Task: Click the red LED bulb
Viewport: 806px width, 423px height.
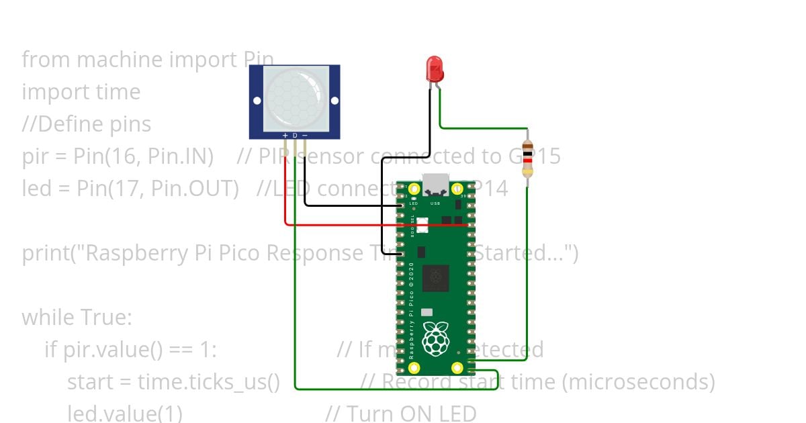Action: (x=435, y=69)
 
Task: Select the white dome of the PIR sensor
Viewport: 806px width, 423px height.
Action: (x=295, y=98)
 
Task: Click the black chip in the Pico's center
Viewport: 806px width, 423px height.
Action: (x=436, y=277)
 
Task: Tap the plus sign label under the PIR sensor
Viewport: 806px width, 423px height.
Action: (x=285, y=136)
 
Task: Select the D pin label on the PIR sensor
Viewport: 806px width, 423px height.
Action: (x=295, y=136)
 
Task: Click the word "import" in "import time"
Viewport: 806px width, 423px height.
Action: (x=54, y=91)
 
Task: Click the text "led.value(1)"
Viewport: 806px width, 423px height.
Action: (x=125, y=413)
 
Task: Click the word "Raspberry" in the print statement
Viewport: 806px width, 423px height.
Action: (x=138, y=253)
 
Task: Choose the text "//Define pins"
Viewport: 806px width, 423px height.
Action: (x=87, y=124)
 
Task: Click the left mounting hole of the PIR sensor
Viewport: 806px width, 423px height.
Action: (x=257, y=101)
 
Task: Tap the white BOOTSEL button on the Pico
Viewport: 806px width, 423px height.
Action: (x=422, y=226)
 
